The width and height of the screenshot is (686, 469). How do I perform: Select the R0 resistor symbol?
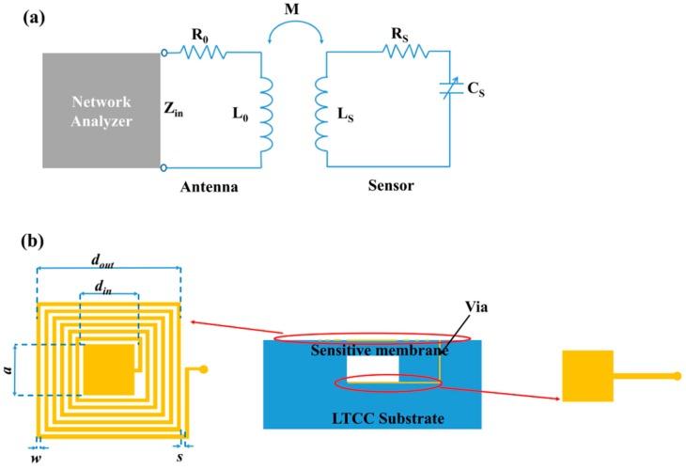(199, 55)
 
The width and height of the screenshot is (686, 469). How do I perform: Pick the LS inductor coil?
(324, 115)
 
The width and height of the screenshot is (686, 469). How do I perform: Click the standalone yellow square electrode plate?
(587, 376)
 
